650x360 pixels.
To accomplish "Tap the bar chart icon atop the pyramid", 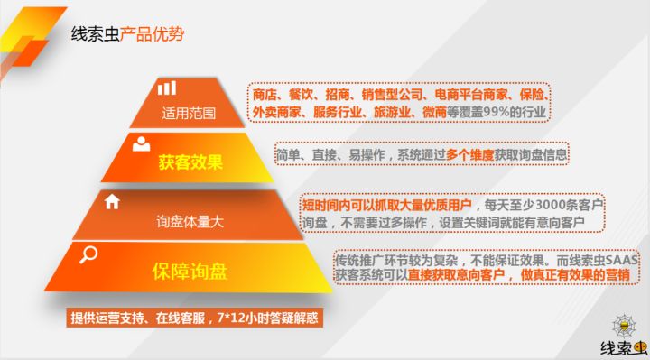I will pyautogui.click(x=167, y=88).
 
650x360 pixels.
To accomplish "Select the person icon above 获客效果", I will pyautogui.click(x=141, y=143).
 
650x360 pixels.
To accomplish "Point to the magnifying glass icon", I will pyautogui.click(x=88, y=255).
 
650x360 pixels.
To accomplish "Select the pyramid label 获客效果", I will pyautogui.click(x=190, y=164).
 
